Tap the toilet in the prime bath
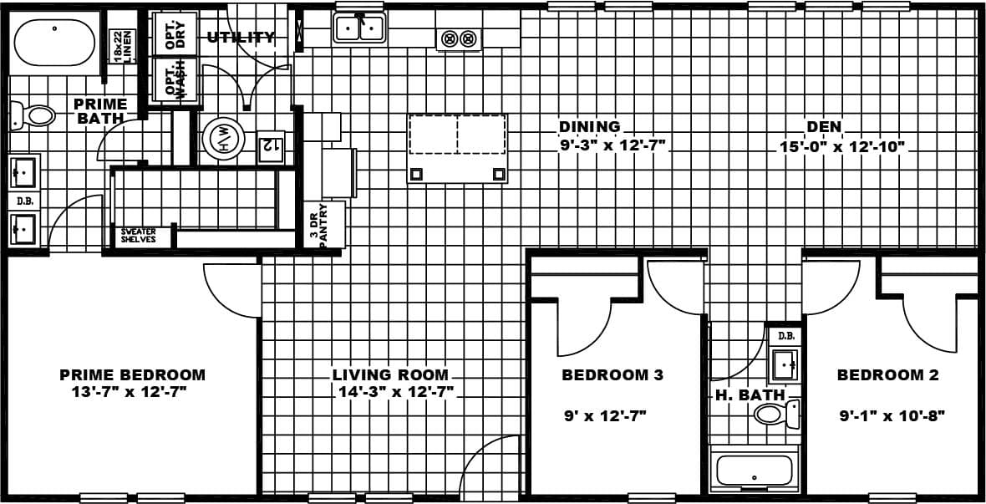tap(33, 115)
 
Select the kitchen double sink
tap(359, 28)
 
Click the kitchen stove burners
tap(459, 38)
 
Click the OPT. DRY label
tap(175, 33)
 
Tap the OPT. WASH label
tap(175, 79)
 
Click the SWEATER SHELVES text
tap(139, 236)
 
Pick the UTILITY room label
tap(241, 37)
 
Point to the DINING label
tap(590, 127)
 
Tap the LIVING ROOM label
tap(390, 374)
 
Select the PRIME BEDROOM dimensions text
tap(129, 391)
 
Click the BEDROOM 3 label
tap(612, 374)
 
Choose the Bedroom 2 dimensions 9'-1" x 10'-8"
tap(892, 415)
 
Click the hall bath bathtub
tap(754, 470)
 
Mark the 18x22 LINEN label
tap(123, 45)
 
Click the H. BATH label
tap(750, 395)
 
